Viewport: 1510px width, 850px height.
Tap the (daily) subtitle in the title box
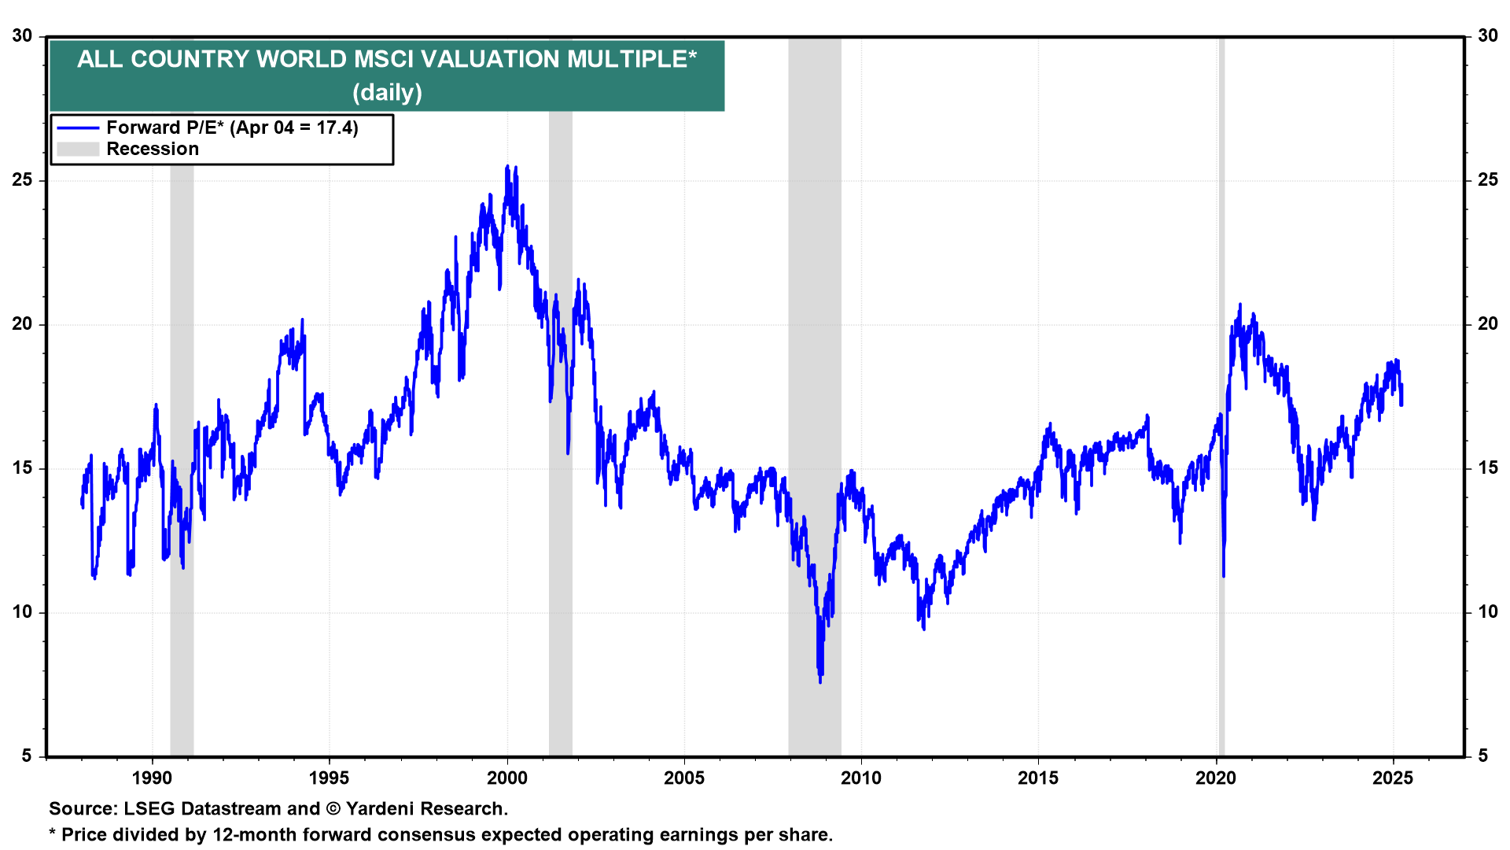387,93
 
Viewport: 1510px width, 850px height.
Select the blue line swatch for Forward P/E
78,128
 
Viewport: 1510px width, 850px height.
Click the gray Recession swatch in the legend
78,150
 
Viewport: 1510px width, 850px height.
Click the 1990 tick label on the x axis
151,778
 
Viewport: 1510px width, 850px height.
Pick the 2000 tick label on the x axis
506,778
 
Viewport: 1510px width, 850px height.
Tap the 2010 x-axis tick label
861,778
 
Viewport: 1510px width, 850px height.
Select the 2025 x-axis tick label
1393,778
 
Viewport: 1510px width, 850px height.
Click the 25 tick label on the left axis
23,180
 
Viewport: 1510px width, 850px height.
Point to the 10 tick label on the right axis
1487,612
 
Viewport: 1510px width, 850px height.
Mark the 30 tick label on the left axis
23,36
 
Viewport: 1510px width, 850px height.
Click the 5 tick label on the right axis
1482,756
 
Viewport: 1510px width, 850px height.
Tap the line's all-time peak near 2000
507,167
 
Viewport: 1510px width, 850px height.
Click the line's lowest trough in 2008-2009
820,682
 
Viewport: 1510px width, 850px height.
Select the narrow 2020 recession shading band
1221,394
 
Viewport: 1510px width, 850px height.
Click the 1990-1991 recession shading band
182,394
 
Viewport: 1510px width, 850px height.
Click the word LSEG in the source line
149,809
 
